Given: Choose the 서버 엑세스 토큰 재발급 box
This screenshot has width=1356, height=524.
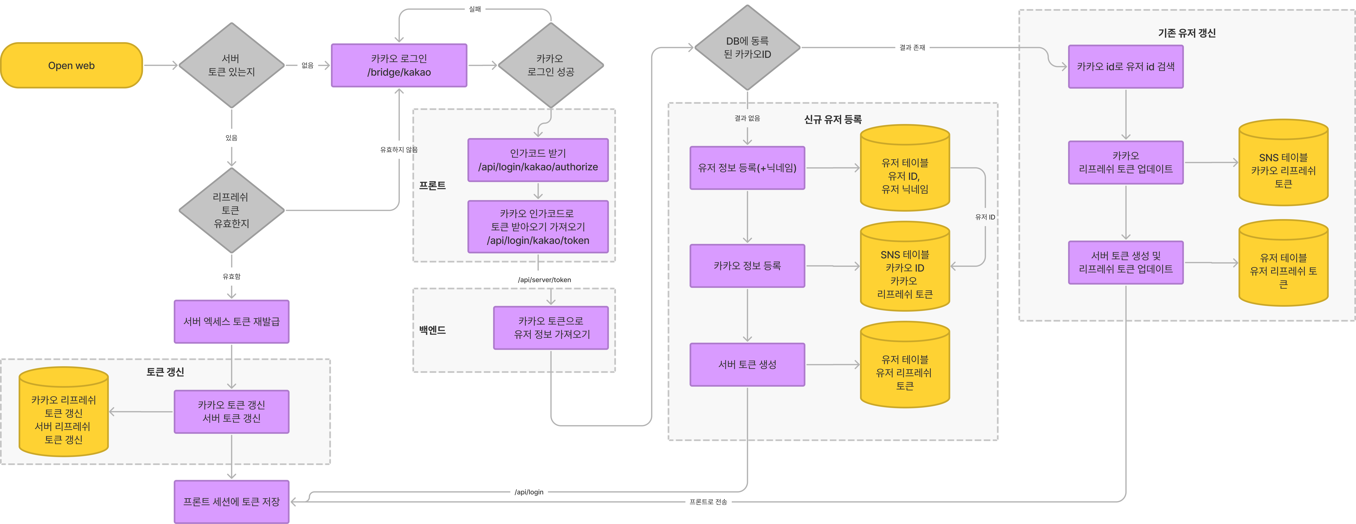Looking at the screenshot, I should click(x=232, y=321).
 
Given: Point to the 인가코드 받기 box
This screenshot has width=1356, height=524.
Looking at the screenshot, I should click(x=538, y=160).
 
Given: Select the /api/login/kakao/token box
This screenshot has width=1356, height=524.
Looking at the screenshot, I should click(x=538, y=227).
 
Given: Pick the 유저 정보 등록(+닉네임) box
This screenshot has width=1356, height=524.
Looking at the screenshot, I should click(x=747, y=168).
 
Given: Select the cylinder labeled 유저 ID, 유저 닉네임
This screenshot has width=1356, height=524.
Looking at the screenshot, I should click(x=905, y=168).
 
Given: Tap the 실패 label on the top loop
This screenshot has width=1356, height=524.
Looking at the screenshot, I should click(x=475, y=9).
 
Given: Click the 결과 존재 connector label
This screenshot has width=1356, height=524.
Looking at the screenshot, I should click(x=912, y=47).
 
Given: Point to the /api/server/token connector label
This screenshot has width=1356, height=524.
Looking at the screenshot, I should click(x=544, y=280).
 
